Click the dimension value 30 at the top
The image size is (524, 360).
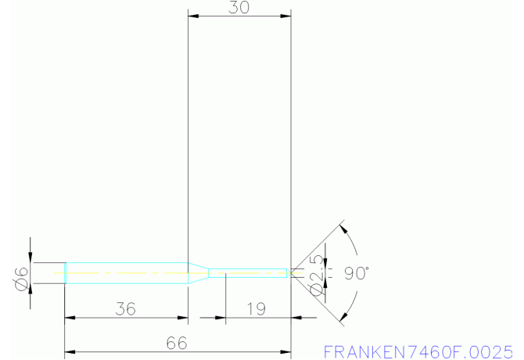[240, 8]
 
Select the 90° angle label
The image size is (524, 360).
[356, 273]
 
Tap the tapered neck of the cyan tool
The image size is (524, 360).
[199, 272]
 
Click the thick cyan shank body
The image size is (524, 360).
[125, 272]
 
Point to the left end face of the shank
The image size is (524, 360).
[65, 272]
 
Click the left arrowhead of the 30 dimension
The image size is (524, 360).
[192, 15]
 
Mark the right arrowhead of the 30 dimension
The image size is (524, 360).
[286, 15]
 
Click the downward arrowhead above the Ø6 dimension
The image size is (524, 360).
[31, 257]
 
